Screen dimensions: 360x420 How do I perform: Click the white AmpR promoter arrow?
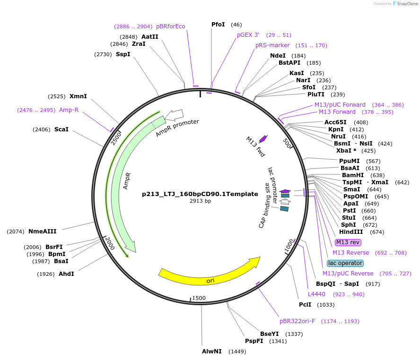coord(176,114)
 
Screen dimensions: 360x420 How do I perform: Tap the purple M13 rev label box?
coord(348,242)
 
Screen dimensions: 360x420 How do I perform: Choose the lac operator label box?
coord(345,263)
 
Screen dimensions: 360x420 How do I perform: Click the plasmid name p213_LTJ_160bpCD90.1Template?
coord(200,194)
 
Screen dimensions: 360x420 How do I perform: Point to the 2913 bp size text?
coord(200,201)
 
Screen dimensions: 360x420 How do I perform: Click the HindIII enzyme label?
coord(351,232)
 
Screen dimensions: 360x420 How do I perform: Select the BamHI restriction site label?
coord(353,175)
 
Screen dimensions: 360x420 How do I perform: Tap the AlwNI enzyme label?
coord(212,351)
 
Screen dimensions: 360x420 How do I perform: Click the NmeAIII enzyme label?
coord(43,231)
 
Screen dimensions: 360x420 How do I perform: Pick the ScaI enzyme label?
coord(61,129)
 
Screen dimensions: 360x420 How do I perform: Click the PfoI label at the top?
coord(219,24)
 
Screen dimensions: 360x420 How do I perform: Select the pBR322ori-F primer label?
coord(297,321)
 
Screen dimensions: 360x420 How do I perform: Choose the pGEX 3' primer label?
coord(248,35)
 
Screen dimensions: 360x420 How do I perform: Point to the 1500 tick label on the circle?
coord(199,298)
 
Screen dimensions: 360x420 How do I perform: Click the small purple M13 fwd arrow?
coord(263,138)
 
